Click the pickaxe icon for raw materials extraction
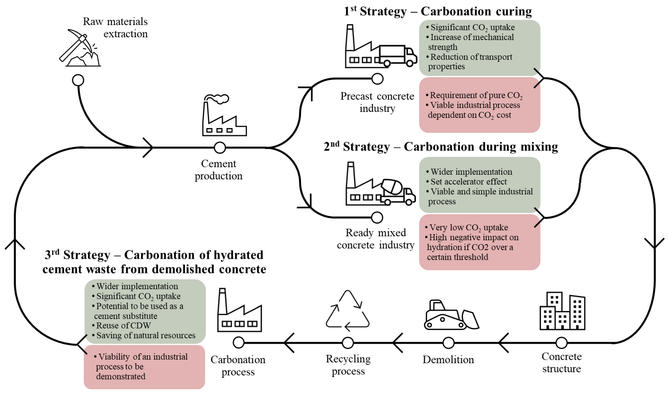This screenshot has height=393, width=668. pyautogui.click(x=79, y=48)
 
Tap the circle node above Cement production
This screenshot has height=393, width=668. pyautogui.click(x=220, y=148)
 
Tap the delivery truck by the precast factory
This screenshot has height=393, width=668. pyautogui.click(x=398, y=56)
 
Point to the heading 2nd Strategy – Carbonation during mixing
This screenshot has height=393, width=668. pyautogui.click(x=441, y=147)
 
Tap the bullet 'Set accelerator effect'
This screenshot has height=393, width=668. pyautogui.click(x=468, y=182)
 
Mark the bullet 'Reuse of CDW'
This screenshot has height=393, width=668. pyautogui.click(x=123, y=325)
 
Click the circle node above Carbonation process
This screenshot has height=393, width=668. pyautogui.click(x=239, y=343)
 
